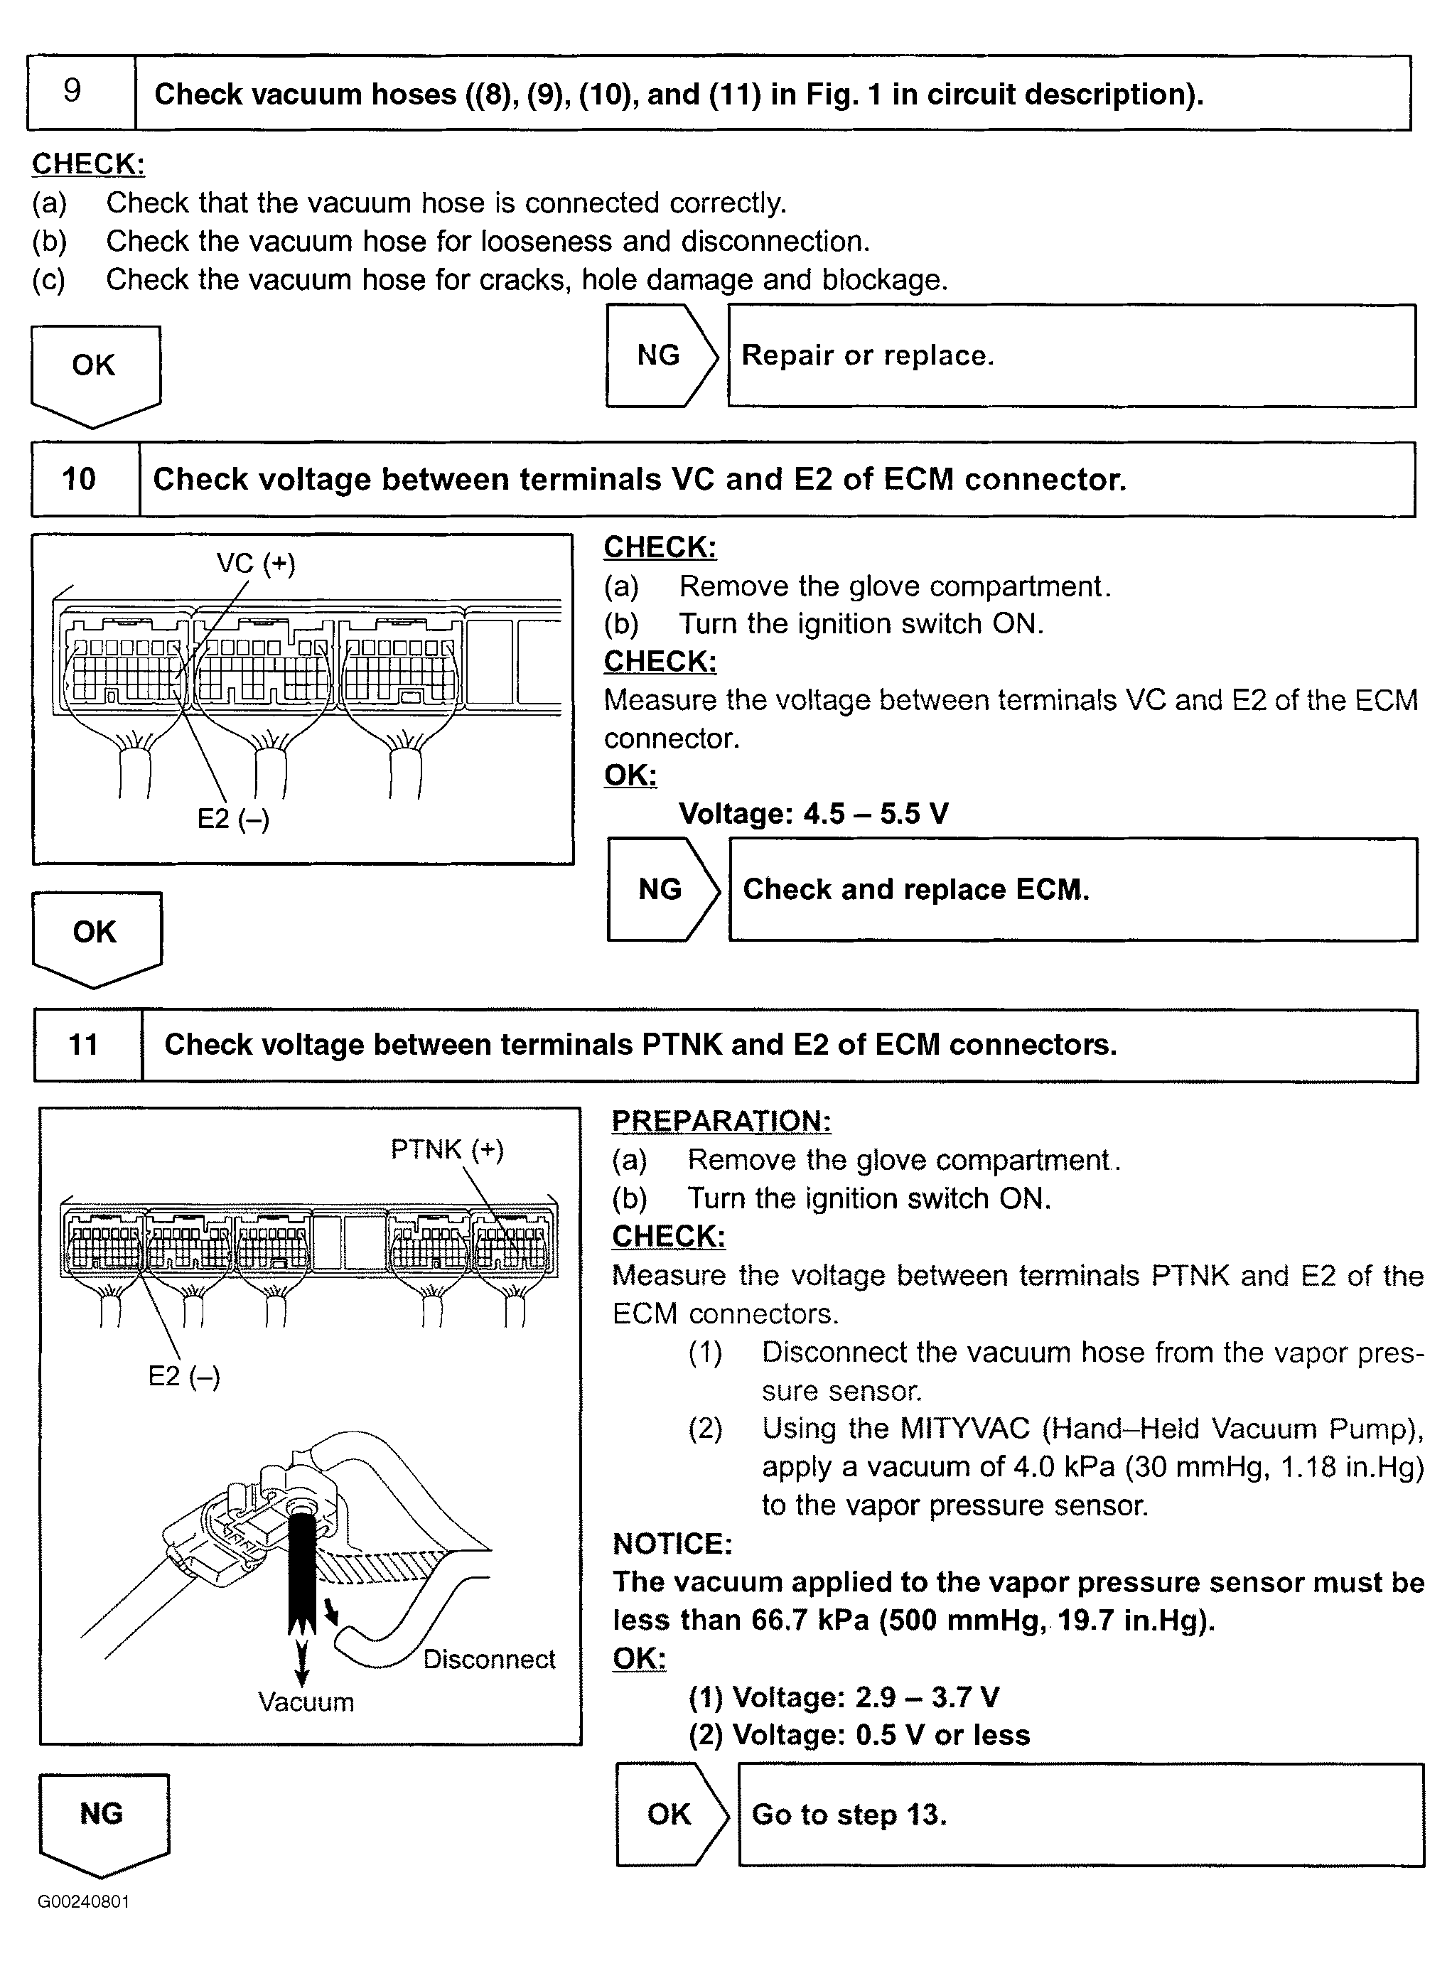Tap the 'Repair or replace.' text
pos(868,355)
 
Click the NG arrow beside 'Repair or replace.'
pos(660,355)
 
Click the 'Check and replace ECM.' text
pos(916,890)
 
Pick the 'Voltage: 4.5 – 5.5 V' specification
pos(813,814)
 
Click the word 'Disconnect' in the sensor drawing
pos(489,1660)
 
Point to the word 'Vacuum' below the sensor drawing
pos(306,1702)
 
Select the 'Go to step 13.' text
pos(849,1814)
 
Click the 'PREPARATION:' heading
pos(721,1121)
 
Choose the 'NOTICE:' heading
pos(672,1544)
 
